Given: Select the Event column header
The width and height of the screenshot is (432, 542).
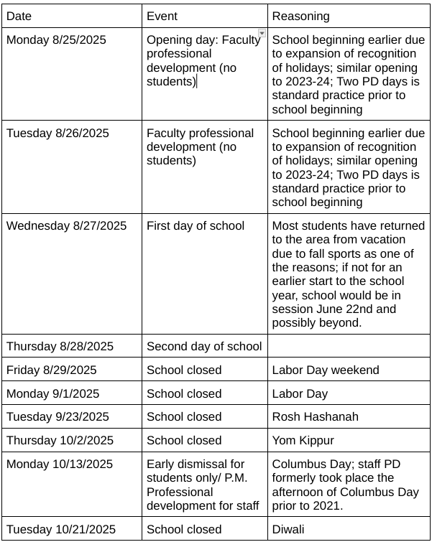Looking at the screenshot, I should click(162, 16).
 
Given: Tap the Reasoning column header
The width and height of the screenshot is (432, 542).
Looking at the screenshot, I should click(300, 16).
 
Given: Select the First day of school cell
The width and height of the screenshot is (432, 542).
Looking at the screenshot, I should click(196, 225).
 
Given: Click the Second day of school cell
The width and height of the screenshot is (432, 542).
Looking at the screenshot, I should click(204, 347).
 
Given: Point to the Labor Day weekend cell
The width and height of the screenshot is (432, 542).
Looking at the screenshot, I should click(326, 370).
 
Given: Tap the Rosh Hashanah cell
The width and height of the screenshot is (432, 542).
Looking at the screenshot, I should click(315, 417).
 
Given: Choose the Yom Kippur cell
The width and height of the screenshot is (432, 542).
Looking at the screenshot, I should click(303, 440).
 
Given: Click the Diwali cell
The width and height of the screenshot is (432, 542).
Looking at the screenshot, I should click(289, 529).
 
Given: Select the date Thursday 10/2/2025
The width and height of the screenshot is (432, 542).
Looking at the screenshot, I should click(60, 440).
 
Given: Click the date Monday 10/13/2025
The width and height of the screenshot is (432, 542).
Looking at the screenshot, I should click(60, 464).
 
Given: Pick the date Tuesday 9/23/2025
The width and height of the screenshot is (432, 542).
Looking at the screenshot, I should click(58, 417).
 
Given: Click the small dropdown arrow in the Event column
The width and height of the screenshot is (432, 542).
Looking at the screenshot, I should click(262, 33).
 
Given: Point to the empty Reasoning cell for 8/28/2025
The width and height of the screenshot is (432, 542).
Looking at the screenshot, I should click(349, 347).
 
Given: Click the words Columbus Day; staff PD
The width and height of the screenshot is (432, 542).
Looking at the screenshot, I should click(336, 464).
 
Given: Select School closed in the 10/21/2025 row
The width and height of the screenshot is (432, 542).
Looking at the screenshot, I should click(184, 529).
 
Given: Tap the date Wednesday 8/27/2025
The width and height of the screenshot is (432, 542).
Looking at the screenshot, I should click(66, 225).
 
